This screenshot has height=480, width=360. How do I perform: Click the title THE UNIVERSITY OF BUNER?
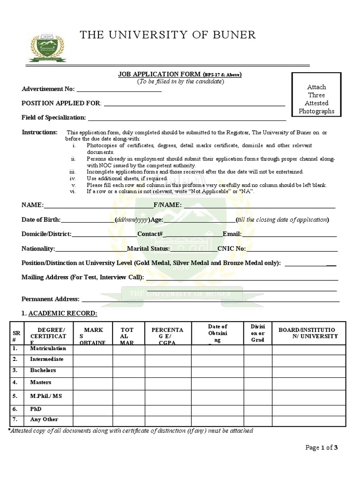coord(168,35)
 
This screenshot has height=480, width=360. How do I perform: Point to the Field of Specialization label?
coord(53,117)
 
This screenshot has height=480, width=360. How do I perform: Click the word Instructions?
coord(39,132)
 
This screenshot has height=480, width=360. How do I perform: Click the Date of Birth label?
coord(41,219)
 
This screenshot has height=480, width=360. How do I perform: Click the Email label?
coord(232,234)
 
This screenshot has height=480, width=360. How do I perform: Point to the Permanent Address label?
coord(51,299)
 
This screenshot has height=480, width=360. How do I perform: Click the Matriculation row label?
coord(48,349)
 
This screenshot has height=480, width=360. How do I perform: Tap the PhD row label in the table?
coord(36,409)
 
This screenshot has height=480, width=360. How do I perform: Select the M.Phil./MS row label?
coord(46,396)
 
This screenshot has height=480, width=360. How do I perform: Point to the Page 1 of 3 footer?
coord(322,448)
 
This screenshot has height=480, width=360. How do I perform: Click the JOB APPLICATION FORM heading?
coord(159,75)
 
